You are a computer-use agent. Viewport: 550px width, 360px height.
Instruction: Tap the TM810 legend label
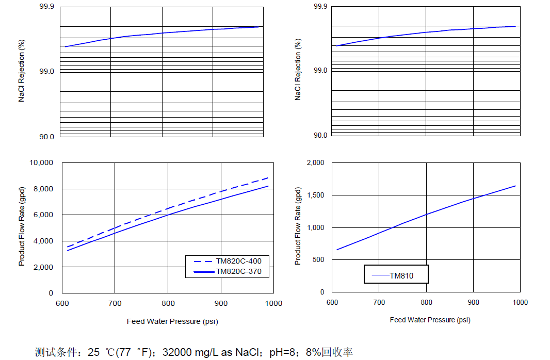(401, 276)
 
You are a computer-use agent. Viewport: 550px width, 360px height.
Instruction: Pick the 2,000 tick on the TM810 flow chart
(316, 162)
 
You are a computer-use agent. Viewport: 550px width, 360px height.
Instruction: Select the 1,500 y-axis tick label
(316, 195)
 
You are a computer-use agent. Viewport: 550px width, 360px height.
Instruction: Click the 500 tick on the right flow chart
(319, 259)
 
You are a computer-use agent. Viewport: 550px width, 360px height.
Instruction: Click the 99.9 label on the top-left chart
(46, 6)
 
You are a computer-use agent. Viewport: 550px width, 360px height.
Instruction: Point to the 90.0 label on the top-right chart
(320, 135)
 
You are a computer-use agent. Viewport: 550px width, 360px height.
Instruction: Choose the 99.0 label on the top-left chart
(46, 71)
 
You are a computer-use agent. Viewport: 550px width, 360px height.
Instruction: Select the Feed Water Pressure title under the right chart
(430, 320)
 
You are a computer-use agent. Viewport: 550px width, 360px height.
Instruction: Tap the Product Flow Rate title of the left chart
(22, 227)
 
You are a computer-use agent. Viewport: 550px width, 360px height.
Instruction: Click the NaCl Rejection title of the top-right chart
(298, 69)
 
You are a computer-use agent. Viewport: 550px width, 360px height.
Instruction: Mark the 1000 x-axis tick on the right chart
(520, 302)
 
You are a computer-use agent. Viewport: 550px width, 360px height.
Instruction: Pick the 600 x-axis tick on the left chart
(62, 303)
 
